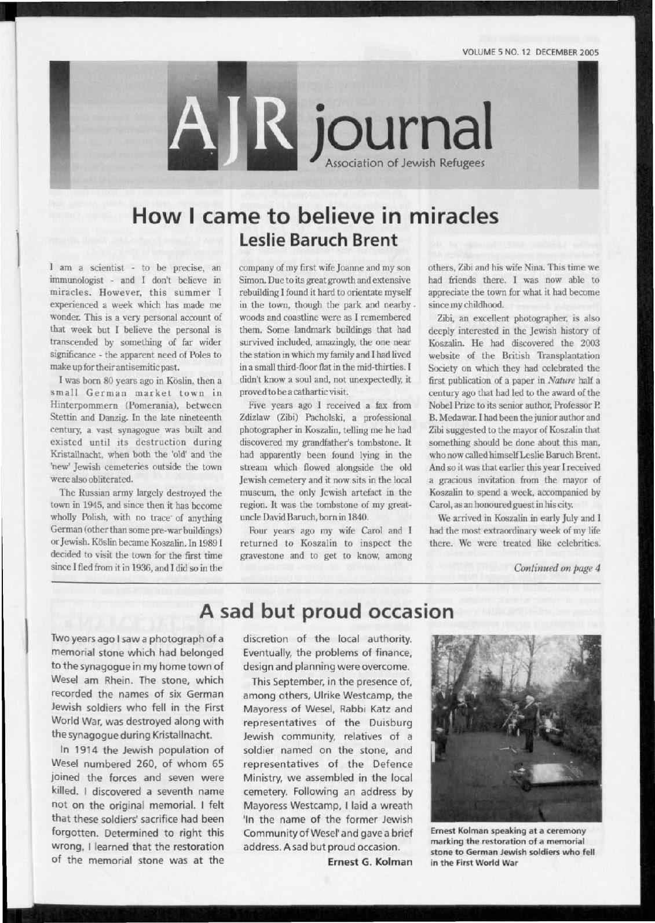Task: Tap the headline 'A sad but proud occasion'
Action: coord(326,611)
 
